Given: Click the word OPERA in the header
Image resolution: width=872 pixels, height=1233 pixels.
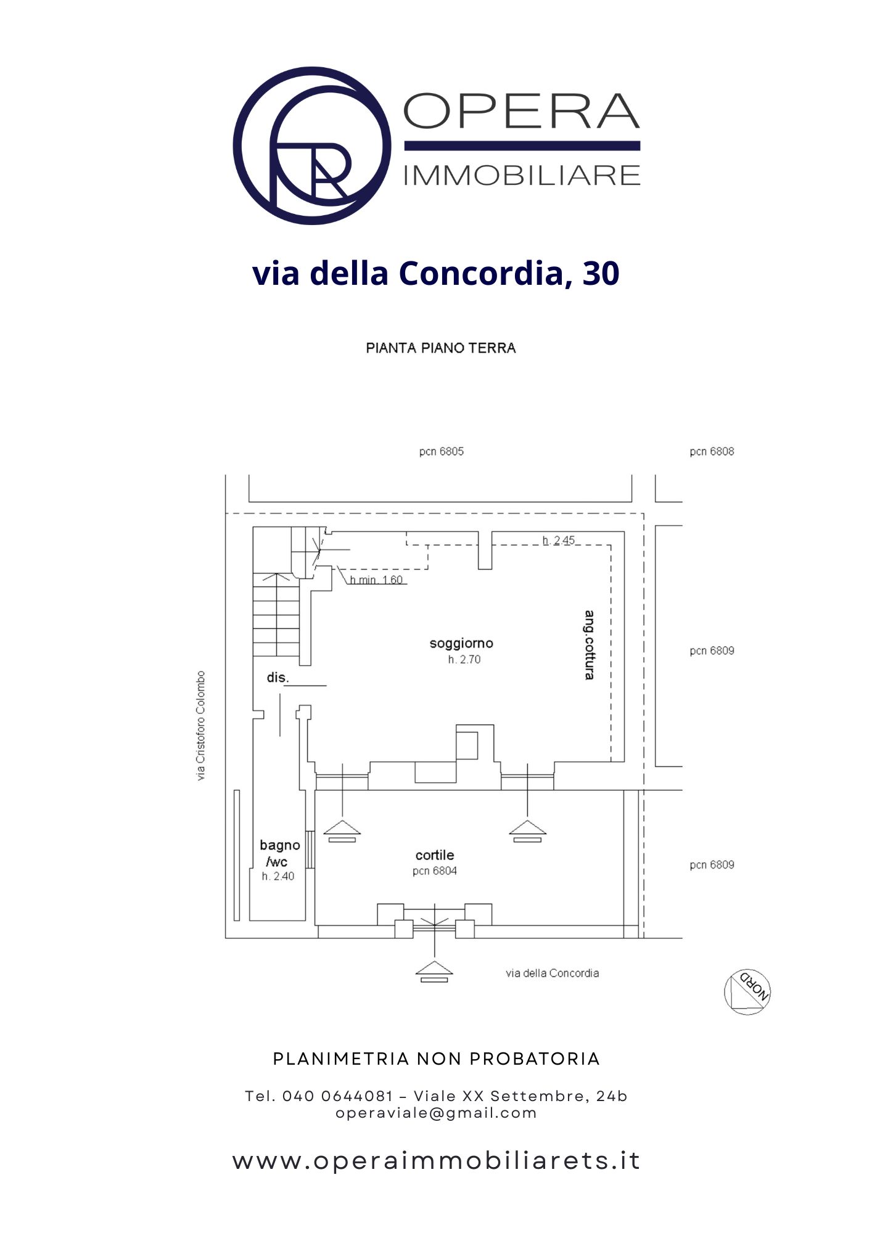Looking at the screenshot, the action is pyautogui.click(x=522, y=112).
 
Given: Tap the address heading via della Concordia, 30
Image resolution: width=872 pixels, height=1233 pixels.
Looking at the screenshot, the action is pyautogui.click(x=436, y=273).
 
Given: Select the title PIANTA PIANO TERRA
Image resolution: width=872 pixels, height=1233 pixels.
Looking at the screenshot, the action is pyautogui.click(x=441, y=348).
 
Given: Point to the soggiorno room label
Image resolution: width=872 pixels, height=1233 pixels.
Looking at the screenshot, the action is pyautogui.click(x=461, y=644).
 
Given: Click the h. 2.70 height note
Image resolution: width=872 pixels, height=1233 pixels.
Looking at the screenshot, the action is pyautogui.click(x=464, y=660).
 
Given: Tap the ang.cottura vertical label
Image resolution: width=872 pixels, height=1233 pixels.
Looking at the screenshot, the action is pyautogui.click(x=590, y=645).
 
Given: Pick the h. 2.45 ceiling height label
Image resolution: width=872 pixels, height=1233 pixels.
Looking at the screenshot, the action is pyautogui.click(x=559, y=541).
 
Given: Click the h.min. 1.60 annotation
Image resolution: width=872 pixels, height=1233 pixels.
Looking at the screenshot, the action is pyautogui.click(x=376, y=580).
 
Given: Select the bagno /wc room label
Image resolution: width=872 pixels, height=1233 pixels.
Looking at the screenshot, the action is pyautogui.click(x=279, y=853).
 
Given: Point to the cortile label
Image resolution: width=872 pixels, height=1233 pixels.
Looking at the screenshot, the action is pyautogui.click(x=435, y=855).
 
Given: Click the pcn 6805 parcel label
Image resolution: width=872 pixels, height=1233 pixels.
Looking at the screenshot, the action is pyautogui.click(x=442, y=452).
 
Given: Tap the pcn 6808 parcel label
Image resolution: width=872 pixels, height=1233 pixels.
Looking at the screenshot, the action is pyautogui.click(x=712, y=452).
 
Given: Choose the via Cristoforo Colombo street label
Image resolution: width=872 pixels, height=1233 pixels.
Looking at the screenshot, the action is pyautogui.click(x=200, y=726).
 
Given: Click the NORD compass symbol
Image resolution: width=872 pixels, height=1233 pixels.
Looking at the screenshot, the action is pyautogui.click(x=747, y=991).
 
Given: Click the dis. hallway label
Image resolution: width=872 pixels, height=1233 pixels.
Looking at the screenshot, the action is pyautogui.click(x=278, y=678).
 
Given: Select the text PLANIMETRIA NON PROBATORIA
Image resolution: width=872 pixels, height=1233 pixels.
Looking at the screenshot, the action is pyautogui.click(x=437, y=1059).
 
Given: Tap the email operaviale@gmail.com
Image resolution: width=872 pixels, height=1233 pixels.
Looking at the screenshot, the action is pyautogui.click(x=437, y=1113).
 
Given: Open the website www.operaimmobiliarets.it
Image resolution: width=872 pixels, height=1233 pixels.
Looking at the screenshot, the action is pyautogui.click(x=437, y=1161).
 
